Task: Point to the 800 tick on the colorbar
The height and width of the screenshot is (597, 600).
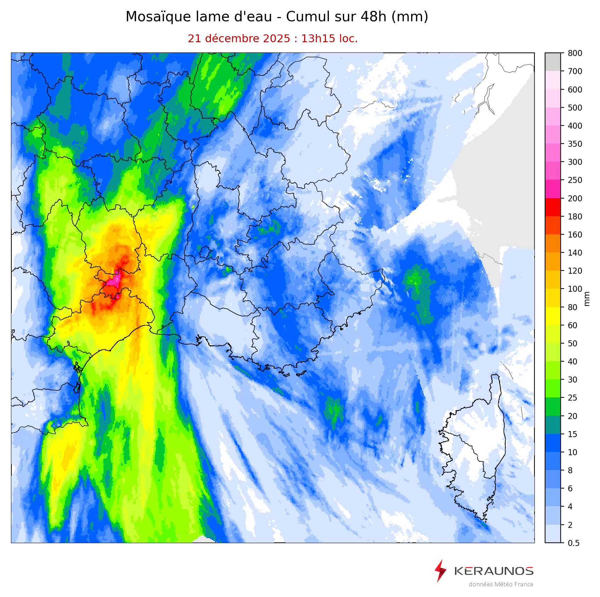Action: pyautogui.click(x=574, y=53)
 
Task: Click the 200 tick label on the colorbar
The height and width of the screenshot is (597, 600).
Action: pyautogui.click(x=574, y=198)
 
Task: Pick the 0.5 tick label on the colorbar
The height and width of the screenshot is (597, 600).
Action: pyautogui.click(x=573, y=543)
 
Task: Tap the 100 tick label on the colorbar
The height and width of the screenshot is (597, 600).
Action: pyautogui.click(x=574, y=289)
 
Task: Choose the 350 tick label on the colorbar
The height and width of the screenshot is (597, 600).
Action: pyautogui.click(x=574, y=144)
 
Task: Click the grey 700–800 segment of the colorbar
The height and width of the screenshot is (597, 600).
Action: pyautogui.click(x=553, y=62)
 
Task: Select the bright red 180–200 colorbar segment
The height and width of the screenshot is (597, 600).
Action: pyautogui.click(x=553, y=207)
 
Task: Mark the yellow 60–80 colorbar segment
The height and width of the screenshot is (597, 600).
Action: pyautogui.click(x=553, y=316)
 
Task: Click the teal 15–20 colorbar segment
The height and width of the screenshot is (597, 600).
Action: pyautogui.click(x=553, y=425)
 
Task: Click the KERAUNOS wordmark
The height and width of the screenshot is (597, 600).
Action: pyautogui.click(x=493, y=571)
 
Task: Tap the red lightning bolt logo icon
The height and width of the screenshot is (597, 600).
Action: pyautogui.click(x=440, y=571)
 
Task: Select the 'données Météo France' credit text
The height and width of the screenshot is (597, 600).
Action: pyautogui.click(x=501, y=584)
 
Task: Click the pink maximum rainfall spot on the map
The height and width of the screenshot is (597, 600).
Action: pyautogui.click(x=114, y=281)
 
